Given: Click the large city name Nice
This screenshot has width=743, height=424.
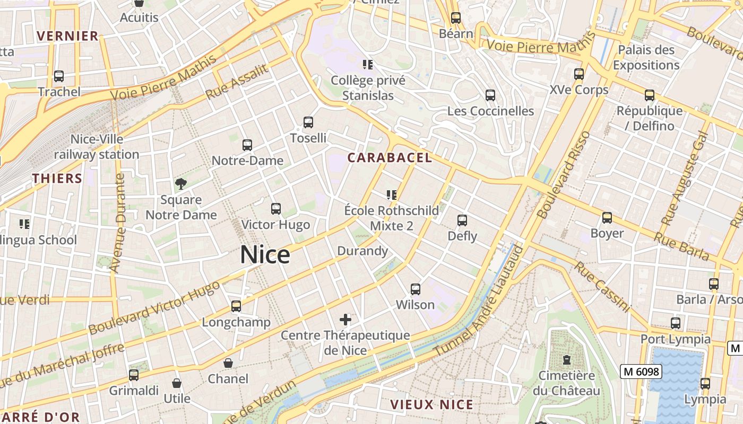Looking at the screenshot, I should pyautogui.click(x=265, y=255).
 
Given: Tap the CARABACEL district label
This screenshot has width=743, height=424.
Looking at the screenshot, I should pyautogui.click(x=390, y=158).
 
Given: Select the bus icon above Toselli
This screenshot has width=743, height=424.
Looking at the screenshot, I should pyautogui.click(x=308, y=122).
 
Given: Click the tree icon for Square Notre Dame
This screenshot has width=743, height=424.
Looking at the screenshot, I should pyautogui.click(x=181, y=184).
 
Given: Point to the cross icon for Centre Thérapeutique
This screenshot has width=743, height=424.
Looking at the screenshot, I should pyautogui.click(x=345, y=320).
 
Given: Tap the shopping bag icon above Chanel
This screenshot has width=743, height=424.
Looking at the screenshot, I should pyautogui.click(x=228, y=363).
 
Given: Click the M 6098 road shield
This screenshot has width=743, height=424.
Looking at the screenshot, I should pyautogui.click(x=641, y=372).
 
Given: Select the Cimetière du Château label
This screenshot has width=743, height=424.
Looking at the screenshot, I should pyautogui.click(x=566, y=383).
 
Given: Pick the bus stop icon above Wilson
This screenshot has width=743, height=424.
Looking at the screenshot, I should pyautogui.click(x=416, y=289).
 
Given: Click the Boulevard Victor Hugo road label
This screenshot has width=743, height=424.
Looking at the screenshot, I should pyautogui.click(x=154, y=308).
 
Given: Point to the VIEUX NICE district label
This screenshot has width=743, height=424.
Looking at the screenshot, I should pyautogui.click(x=431, y=405).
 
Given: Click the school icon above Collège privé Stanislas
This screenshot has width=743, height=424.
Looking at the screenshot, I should pyautogui.click(x=368, y=65).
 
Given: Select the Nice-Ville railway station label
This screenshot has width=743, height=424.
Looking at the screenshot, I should pyautogui.click(x=97, y=147).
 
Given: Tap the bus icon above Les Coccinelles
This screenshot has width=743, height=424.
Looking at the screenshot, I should pyautogui.click(x=490, y=95).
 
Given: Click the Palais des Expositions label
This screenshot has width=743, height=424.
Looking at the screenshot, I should pyautogui.click(x=646, y=58).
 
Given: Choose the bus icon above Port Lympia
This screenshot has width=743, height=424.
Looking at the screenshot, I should pyautogui.click(x=676, y=323).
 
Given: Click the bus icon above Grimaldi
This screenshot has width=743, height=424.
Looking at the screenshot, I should pyautogui.click(x=134, y=375).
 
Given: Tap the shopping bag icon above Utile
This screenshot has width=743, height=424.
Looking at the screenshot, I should pyautogui.click(x=177, y=383).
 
